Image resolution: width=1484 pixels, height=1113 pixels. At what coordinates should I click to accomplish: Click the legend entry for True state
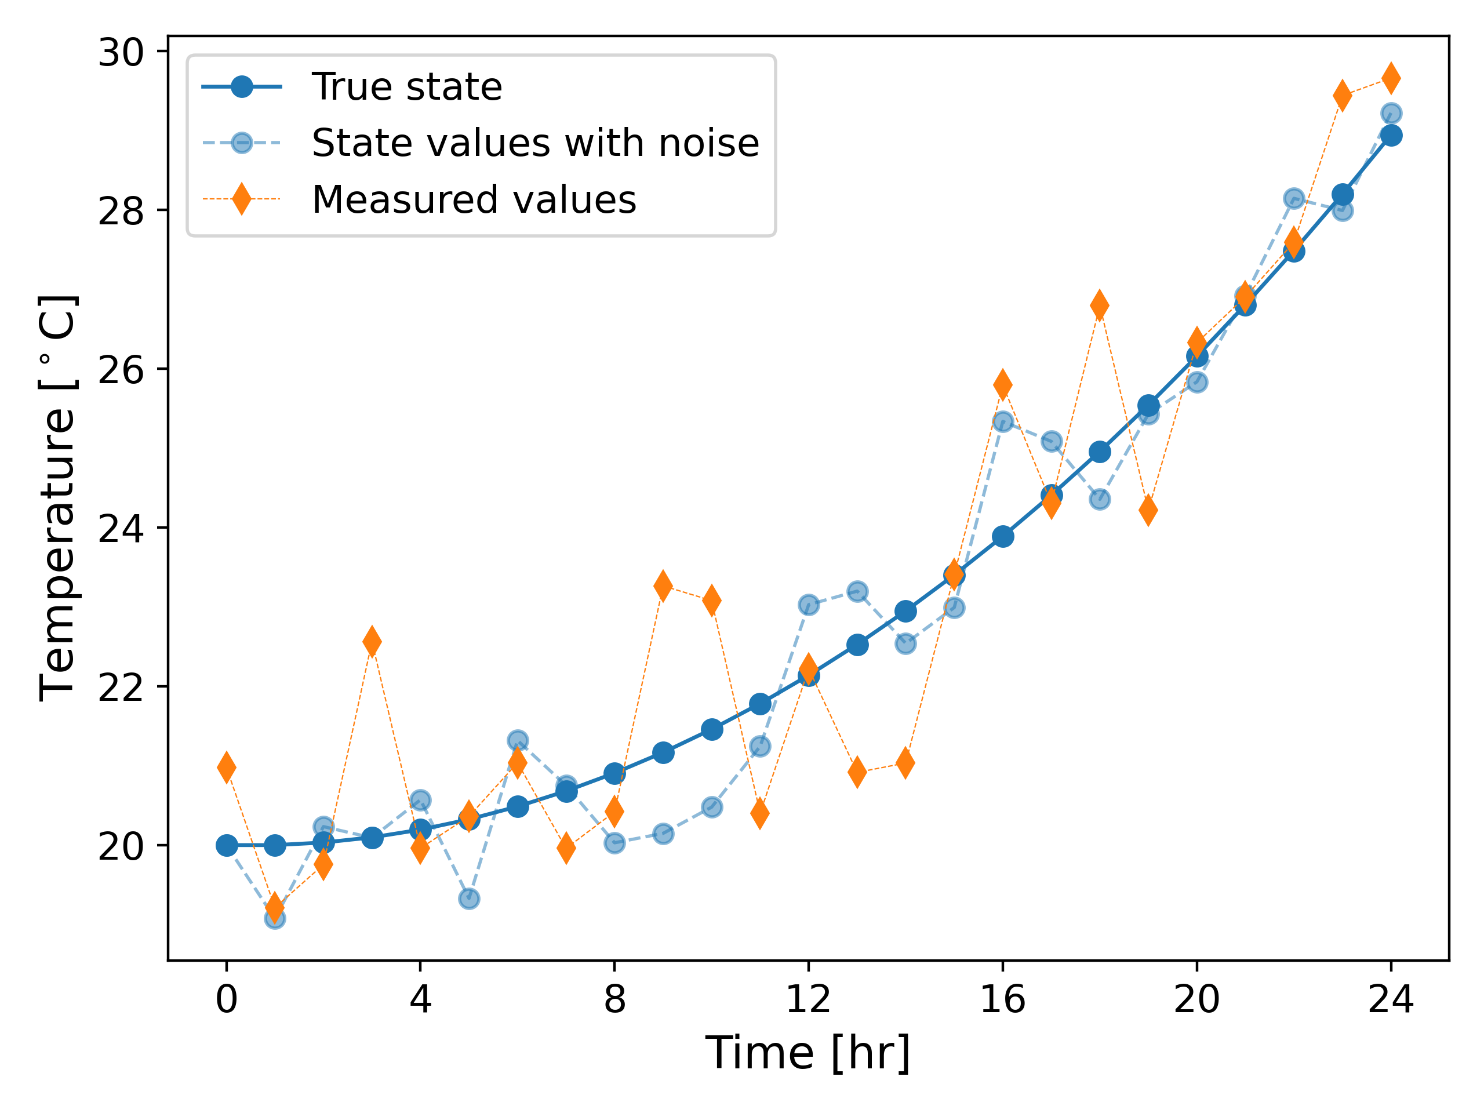tap(406, 86)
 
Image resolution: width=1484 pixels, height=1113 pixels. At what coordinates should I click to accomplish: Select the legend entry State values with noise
tap(534, 143)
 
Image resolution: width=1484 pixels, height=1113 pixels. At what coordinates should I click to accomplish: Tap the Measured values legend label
tap(474, 200)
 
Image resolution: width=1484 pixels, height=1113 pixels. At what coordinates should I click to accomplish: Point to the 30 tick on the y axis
tap(121, 52)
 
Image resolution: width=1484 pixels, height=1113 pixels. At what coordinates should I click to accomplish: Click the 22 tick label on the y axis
tap(121, 687)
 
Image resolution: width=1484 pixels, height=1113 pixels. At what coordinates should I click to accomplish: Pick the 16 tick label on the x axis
tap(1002, 999)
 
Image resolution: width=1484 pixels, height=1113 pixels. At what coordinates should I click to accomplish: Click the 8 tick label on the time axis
tap(614, 999)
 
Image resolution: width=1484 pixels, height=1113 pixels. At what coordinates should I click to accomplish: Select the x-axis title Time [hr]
tap(808, 1053)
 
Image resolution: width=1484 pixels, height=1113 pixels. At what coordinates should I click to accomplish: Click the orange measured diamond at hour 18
tap(1100, 306)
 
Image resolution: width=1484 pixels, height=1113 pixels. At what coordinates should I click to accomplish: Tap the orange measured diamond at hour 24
tap(1391, 78)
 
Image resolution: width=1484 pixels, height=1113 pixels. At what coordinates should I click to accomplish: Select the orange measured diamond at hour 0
tap(227, 768)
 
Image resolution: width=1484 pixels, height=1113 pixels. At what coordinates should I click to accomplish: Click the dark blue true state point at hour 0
tap(227, 846)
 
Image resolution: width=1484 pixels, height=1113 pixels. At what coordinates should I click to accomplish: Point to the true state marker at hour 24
tap(1391, 136)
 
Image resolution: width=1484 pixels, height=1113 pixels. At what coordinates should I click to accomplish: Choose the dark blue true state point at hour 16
tap(1003, 537)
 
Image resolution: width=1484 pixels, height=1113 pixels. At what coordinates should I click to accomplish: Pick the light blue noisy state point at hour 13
tap(857, 592)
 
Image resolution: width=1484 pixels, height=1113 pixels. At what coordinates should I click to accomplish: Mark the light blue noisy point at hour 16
tap(1003, 421)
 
